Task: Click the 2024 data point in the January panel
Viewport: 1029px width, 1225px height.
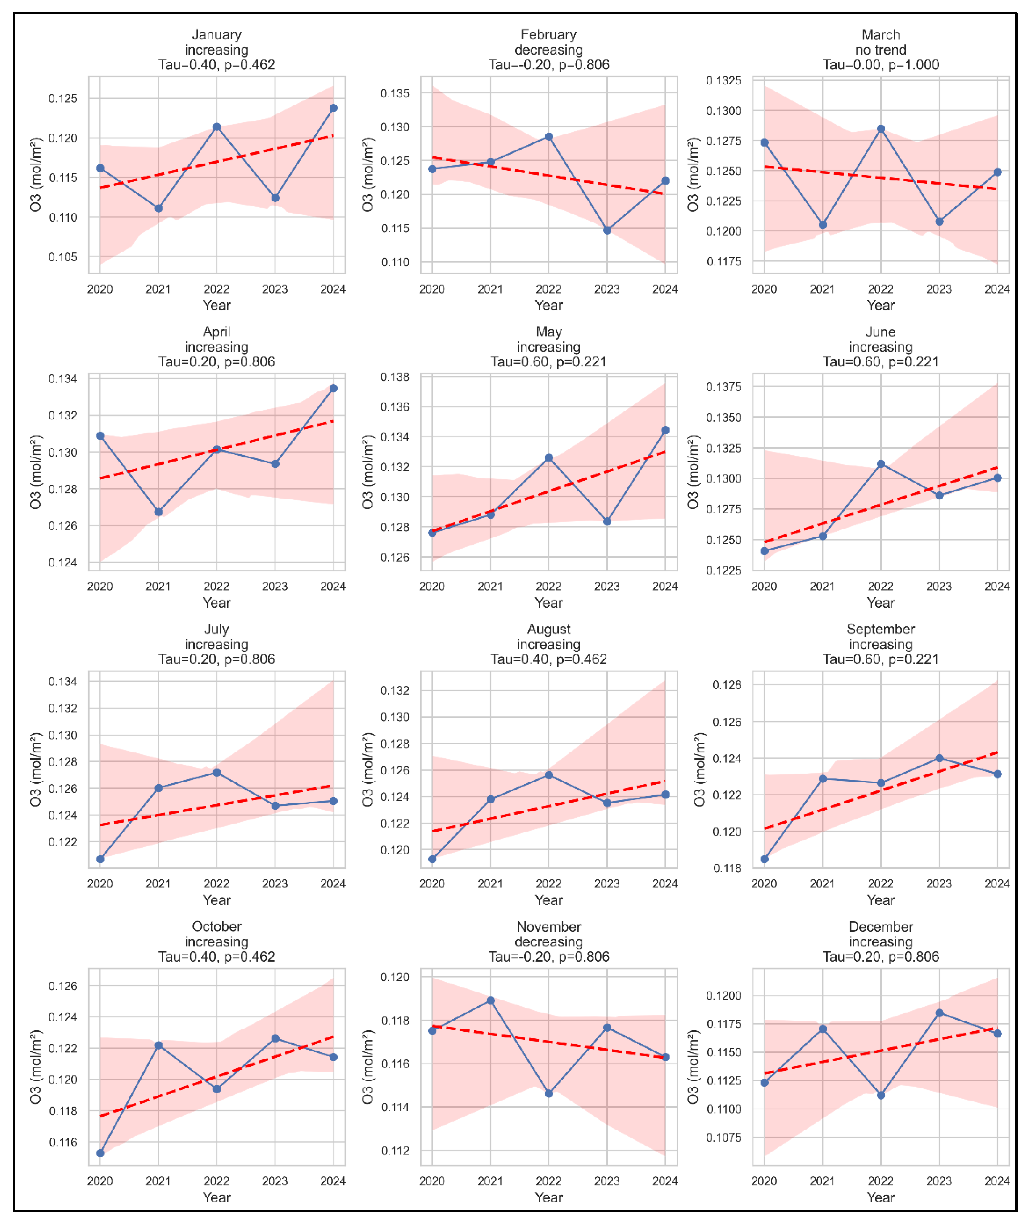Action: tap(333, 108)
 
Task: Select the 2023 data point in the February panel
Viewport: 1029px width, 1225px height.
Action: tap(607, 230)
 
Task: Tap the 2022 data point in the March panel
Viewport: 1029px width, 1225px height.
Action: tap(881, 129)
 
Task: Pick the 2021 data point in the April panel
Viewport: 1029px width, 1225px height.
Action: tap(159, 512)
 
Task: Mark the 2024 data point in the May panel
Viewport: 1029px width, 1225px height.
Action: tap(665, 430)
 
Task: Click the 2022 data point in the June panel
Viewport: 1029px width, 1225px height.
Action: tap(881, 464)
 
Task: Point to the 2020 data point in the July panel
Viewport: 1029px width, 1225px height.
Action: tap(100, 859)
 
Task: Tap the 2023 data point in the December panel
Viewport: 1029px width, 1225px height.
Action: tap(939, 1013)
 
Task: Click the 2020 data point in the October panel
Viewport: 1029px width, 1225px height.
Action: tap(100, 1153)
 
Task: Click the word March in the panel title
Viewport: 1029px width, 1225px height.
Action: tap(881, 35)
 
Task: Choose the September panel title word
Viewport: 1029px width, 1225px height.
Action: tap(881, 629)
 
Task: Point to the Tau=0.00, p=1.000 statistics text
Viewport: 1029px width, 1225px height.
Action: tap(881, 65)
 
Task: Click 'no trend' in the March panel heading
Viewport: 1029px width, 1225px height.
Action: tap(881, 50)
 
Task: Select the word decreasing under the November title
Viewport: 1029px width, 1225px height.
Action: tap(549, 942)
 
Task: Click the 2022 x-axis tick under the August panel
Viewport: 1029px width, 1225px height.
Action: tap(549, 884)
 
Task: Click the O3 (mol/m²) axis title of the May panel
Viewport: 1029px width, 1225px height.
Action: tap(367, 472)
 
